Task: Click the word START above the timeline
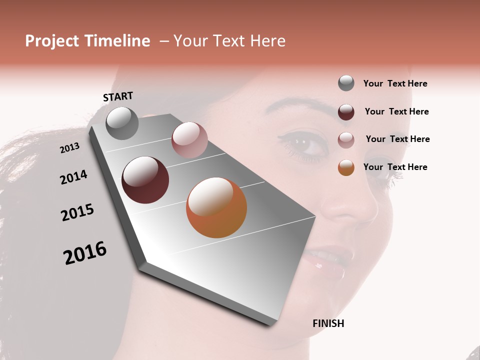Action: [x=118, y=96]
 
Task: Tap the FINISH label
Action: [x=328, y=323]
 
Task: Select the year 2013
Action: [x=69, y=148]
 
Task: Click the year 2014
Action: [x=73, y=177]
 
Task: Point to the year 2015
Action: [x=77, y=212]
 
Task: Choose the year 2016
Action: [x=85, y=253]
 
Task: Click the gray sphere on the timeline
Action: [x=122, y=123]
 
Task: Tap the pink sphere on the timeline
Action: [x=189, y=140]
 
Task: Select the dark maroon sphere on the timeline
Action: [x=145, y=180]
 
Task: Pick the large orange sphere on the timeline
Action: [x=216, y=207]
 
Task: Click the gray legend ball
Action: [x=346, y=83]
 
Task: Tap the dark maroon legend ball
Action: [x=346, y=112]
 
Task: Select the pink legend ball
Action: [x=346, y=140]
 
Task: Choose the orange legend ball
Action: [x=346, y=167]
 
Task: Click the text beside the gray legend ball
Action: [x=395, y=83]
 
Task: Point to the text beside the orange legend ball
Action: [x=395, y=167]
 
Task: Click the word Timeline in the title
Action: [x=118, y=41]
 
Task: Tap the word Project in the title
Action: [x=51, y=41]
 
